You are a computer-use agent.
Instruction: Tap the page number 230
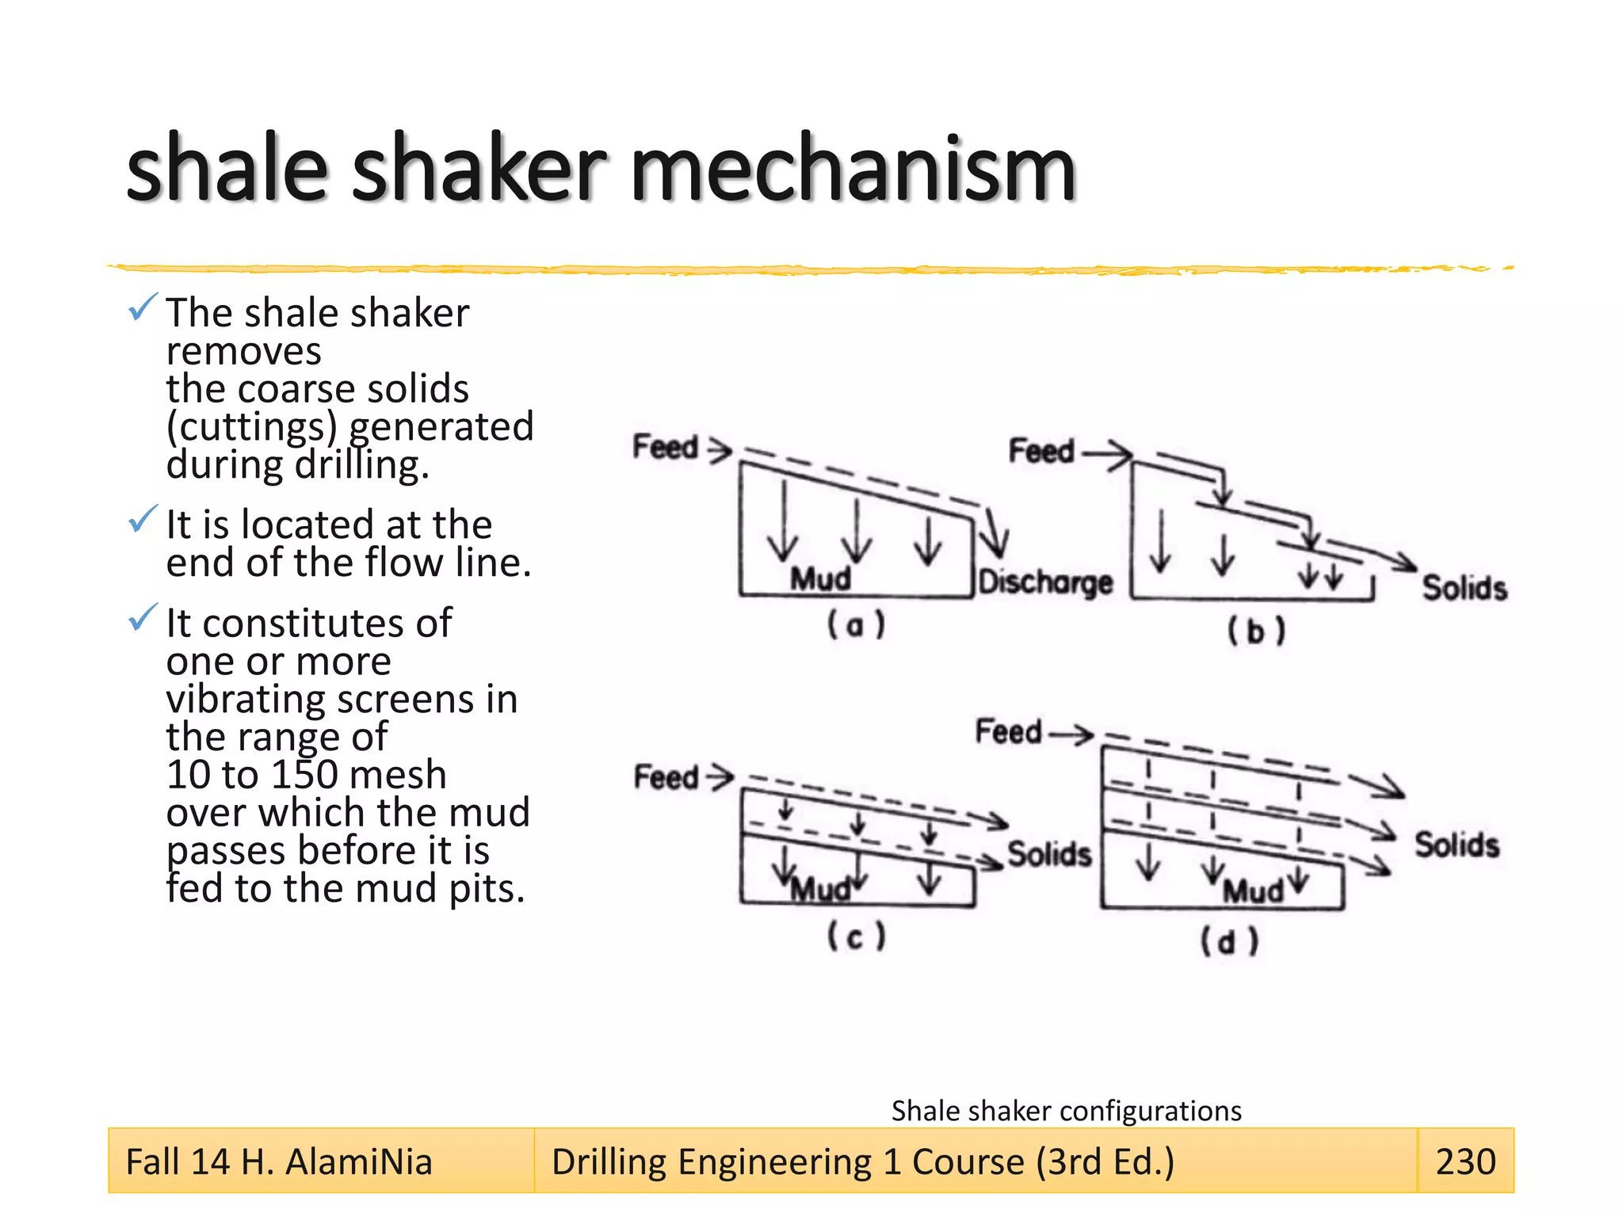point(1465,1162)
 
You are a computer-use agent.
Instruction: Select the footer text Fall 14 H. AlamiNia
point(279,1162)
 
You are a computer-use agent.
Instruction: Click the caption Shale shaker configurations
point(1066,1111)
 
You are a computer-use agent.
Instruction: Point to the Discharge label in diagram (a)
point(1045,582)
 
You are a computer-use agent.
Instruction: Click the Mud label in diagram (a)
point(820,579)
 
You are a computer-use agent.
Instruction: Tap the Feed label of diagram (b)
point(1041,452)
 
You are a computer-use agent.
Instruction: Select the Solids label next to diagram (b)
point(1464,588)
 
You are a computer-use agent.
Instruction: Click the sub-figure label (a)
point(856,625)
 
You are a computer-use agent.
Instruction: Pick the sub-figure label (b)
point(1256,631)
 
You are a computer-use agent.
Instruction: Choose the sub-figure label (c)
point(856,937)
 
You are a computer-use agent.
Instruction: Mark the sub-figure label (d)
point(1228,942)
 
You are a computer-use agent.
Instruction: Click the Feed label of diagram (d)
point(1008,731)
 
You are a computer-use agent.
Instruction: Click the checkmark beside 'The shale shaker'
point(142,307)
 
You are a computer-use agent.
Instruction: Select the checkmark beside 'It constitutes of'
point(142,618)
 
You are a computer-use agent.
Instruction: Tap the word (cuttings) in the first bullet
point(252,426)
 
